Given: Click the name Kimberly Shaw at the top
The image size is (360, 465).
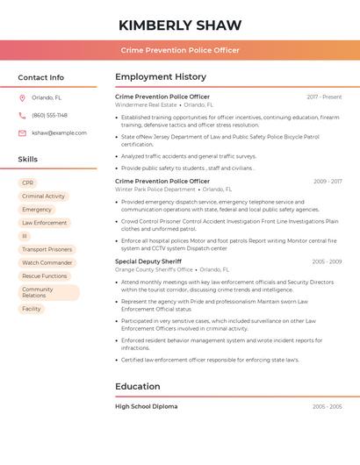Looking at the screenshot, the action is click(180, 24).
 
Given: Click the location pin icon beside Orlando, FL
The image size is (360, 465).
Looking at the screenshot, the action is click(22, 98).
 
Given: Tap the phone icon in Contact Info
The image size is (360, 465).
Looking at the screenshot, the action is click(22, 116).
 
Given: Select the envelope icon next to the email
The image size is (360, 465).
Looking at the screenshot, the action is click(22, 133).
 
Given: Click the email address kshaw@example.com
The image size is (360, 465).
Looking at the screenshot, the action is click(59, 133).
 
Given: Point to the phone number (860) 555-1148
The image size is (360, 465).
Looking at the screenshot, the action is click(49, 116).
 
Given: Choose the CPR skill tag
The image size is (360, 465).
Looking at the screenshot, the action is click(27, 183).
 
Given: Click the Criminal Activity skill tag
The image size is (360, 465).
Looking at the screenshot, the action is click(43, 197).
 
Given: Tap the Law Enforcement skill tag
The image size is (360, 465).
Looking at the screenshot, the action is click(44, 223).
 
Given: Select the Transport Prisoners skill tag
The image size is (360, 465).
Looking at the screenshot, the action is click(47, 249).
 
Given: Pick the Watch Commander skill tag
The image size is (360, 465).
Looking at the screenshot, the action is click(47, 262).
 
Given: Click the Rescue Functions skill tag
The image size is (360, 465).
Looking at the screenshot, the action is click(44, 275).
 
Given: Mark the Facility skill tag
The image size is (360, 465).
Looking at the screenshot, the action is click(32, 309).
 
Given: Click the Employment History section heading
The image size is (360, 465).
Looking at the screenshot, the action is click(161, 77).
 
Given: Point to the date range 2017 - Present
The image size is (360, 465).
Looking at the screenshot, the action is click(324, 97).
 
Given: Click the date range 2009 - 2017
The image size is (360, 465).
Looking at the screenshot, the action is click(328, 182).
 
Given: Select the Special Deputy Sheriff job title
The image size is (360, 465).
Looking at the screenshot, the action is click(148, 261).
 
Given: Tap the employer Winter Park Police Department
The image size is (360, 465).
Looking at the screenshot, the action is click(155, 190).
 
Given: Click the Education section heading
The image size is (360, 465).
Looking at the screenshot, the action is click(138, 387).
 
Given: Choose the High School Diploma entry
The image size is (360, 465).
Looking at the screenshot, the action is click(146, 406).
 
